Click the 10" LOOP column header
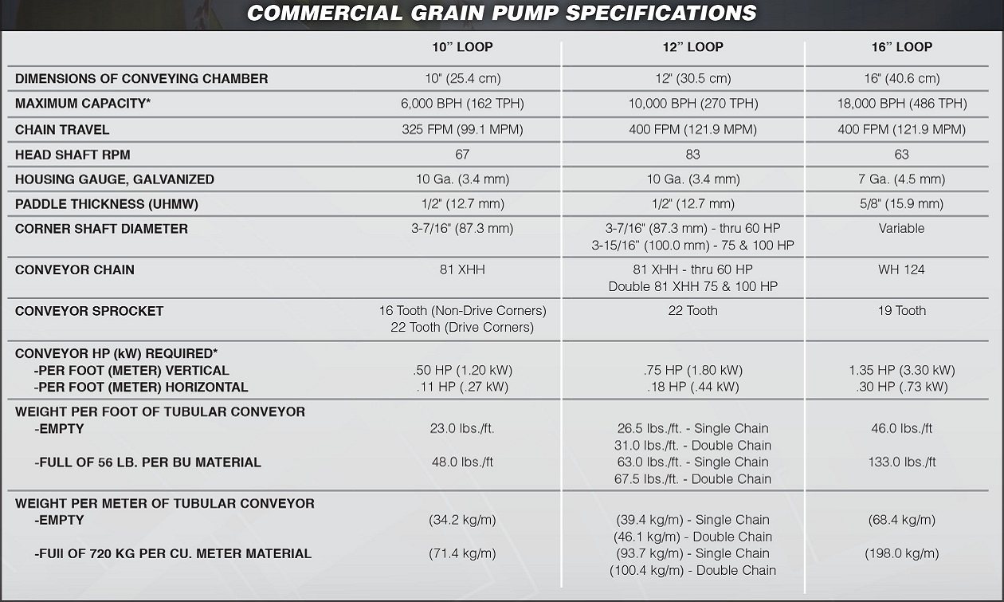tap(462, 47)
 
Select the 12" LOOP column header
tap(693, 47)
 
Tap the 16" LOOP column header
tap(901, 47)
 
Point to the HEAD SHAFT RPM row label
tap(73, 155)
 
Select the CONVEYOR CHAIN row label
tap(75, 270)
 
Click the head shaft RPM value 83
tap(692, 155)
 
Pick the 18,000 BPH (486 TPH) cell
tap(901, 104)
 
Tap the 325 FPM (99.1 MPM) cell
tap(462, 129)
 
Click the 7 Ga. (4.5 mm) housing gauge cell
tap(901, 179)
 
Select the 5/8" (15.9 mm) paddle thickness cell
tap(901, 204)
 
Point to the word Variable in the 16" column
tap(901, 228)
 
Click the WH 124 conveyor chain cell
tap(901, 270)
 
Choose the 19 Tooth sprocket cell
tap(901, 311)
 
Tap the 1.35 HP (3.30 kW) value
tap(901, 370)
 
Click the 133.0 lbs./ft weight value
tap(901, 462)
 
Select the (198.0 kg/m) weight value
tap(901, 553)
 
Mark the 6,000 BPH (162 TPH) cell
tap(462, 104)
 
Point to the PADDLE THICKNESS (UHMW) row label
tap(107, 204)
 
